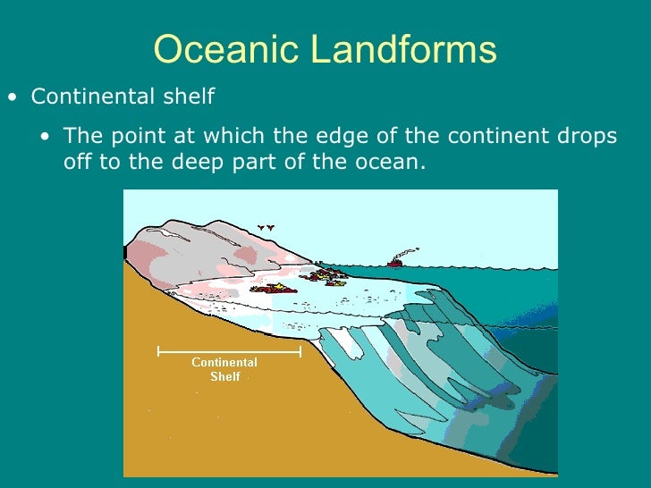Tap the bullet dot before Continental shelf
coord(12,97)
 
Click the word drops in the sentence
coord(587,137)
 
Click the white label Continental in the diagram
coord(224,362)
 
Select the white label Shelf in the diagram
coord(224,376)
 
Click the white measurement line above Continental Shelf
coord(229,351)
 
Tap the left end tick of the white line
coord(158,351)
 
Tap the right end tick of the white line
coord(300,351)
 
